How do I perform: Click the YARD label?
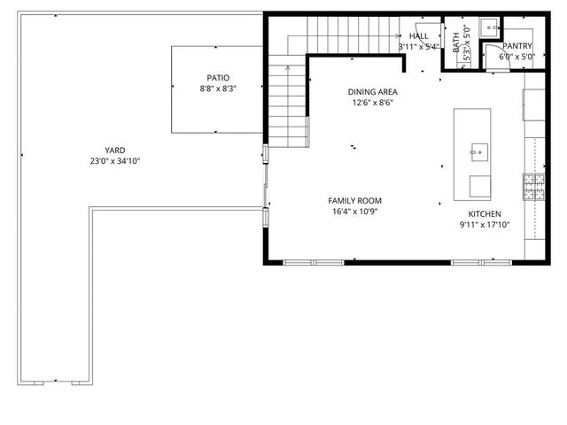115,150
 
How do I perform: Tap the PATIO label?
218,78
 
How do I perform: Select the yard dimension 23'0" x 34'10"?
115,161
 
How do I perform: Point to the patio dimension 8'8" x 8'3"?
218,89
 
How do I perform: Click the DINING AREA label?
371,91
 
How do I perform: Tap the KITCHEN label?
485,214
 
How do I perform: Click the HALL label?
419,35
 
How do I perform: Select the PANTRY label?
517,45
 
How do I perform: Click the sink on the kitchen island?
478,151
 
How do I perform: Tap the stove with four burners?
534,185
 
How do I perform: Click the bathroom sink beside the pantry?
490,27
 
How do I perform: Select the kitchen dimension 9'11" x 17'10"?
485,226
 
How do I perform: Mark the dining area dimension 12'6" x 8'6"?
371,102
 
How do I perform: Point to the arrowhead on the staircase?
392,35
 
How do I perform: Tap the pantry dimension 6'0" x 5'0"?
517,57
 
